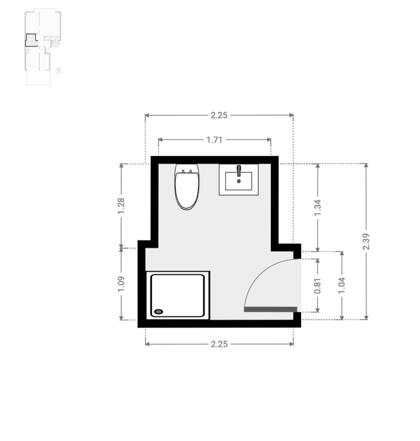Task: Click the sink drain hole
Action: coord(239,181)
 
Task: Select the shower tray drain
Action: coord(159,312)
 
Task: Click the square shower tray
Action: coord(178,295)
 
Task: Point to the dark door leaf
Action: coord(270,309)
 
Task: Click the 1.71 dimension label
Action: coord(214,140)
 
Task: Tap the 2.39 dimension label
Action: coord(366,241)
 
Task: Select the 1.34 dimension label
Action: coord(317,207)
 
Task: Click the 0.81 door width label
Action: coord(317,286)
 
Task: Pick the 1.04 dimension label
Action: coord(342,286)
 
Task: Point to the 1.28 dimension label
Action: coord(121,206)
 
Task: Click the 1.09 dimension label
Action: coord(121,284)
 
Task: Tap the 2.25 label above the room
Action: coord(219,115)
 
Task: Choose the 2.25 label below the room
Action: coord(219,344)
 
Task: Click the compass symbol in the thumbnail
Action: coord(59,70)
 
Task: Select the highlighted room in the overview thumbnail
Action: coord(31,41)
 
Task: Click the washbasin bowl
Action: coord(239,181)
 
